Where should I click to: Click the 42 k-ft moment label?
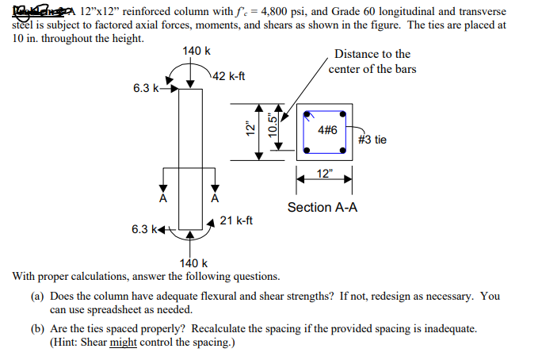[x=230, y=77]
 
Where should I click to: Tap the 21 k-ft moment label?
[x=237, y=220]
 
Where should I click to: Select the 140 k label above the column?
[x=196, y=52]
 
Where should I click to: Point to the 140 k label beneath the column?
[x=194, y=263]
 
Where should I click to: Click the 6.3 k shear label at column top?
[x=147, y=87]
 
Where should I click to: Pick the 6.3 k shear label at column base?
[x=146, y=229]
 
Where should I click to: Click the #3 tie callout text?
[x=372, y=140]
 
